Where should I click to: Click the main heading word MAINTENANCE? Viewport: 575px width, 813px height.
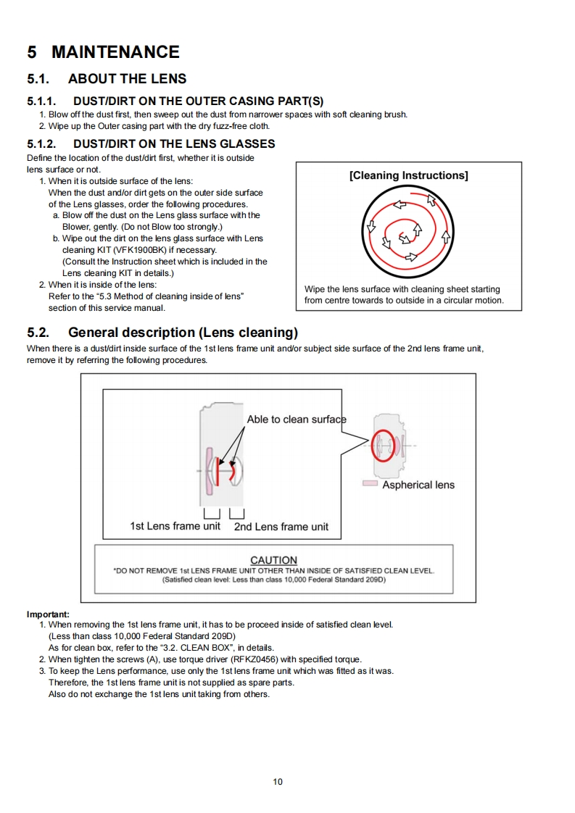point(115,52)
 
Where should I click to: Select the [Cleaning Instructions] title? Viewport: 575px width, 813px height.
point(408,175)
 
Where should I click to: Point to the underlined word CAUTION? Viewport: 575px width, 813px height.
point(273,560)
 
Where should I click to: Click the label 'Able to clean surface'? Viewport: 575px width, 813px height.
point(296,420)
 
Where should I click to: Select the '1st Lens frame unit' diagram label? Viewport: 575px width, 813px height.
point(175,526)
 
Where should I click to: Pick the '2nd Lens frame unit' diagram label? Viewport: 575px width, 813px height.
point(281,527)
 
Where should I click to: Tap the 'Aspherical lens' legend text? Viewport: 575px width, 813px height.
point(418,485)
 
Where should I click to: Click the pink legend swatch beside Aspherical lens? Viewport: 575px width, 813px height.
point(370,484)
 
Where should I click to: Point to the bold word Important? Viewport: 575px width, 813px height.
point(48,614)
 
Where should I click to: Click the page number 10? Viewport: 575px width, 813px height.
point(278,782)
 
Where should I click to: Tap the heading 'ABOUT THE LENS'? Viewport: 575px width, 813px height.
point(127,79)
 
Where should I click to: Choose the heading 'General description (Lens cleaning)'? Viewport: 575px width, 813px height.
point(183,333)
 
